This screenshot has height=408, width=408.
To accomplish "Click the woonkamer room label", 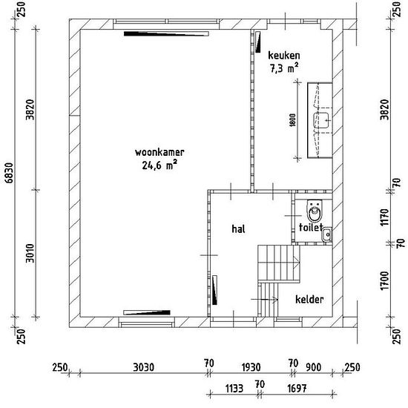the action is [x=159, y=152].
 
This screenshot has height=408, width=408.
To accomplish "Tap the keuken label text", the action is [x=284, y=56].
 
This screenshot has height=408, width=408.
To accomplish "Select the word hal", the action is [x=238, y=229].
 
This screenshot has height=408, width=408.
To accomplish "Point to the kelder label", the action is [x=309, y=300].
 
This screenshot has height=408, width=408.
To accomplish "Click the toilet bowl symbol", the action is [x=315, y=210].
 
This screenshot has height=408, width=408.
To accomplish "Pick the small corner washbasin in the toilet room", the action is [x=326, y=234].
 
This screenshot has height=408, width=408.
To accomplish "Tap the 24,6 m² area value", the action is [x=159, y=165].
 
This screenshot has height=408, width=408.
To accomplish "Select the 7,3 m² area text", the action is [x=284, y=68].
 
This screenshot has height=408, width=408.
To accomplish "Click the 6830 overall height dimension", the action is [x=10, y=173].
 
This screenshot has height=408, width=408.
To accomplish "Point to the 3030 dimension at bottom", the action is [x=143, y=367].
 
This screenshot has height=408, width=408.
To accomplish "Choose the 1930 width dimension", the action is [x=251, y=367].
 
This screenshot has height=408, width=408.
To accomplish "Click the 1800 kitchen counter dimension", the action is [x=293, y=120].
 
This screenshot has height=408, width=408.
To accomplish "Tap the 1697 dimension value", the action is [x=297, y=389].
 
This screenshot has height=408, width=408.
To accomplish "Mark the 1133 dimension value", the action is [x=234, y=389].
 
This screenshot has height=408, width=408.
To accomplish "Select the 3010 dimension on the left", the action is [x=30, y=253].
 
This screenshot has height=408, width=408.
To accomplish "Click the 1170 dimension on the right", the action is [x=384, y=217].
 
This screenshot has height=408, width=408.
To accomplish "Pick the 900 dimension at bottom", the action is [x=313, y=367].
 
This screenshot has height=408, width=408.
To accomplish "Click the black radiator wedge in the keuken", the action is [x=258, y=42].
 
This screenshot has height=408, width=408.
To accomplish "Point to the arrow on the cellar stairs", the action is [x=264, y=300].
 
